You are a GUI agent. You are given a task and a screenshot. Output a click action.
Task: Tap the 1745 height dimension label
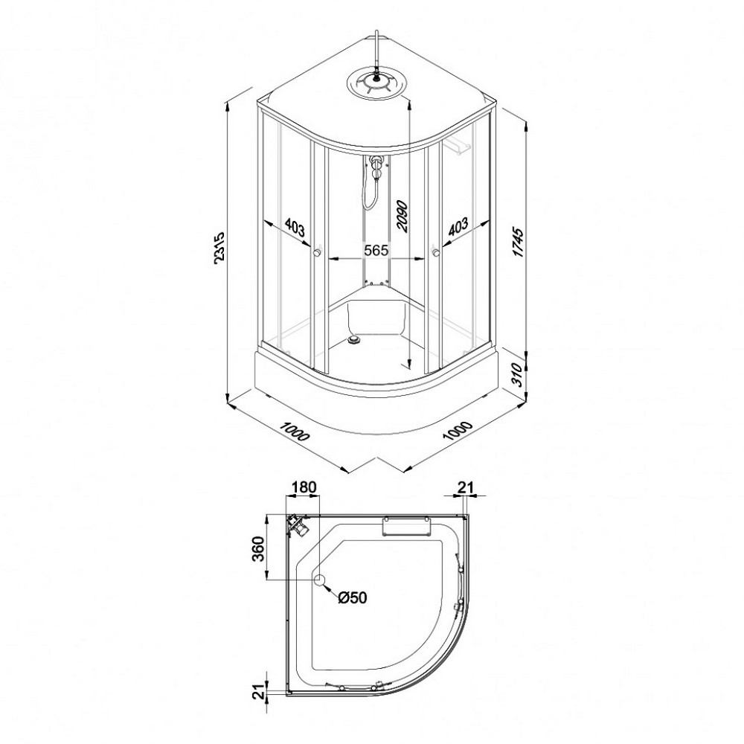pos(519,243)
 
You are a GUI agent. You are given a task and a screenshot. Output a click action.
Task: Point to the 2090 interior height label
pos(402,216)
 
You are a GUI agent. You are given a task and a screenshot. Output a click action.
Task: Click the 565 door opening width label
pos(376,250)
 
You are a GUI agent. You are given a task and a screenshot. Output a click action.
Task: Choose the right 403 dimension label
pos(458,227)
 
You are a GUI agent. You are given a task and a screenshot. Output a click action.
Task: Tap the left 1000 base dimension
pos(294,431)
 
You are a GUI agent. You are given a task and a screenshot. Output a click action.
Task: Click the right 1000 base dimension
pos(458,431)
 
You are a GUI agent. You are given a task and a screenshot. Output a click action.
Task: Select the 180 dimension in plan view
pos(304,487)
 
